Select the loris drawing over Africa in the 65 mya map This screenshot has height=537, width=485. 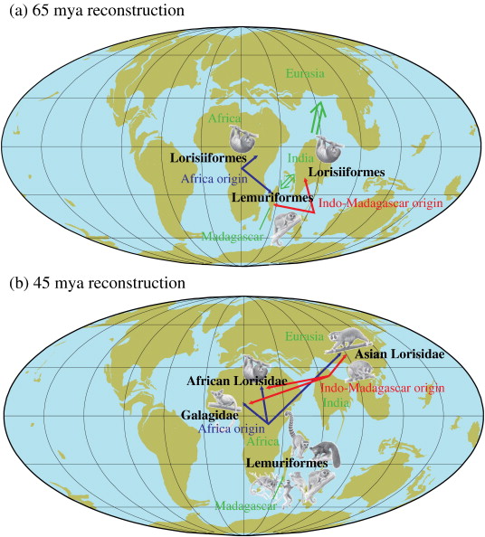click(241, 140)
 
